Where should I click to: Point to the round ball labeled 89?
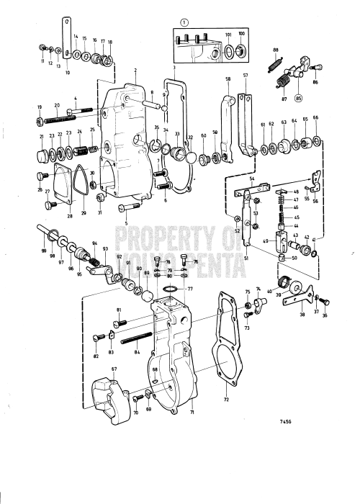[148, 295]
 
